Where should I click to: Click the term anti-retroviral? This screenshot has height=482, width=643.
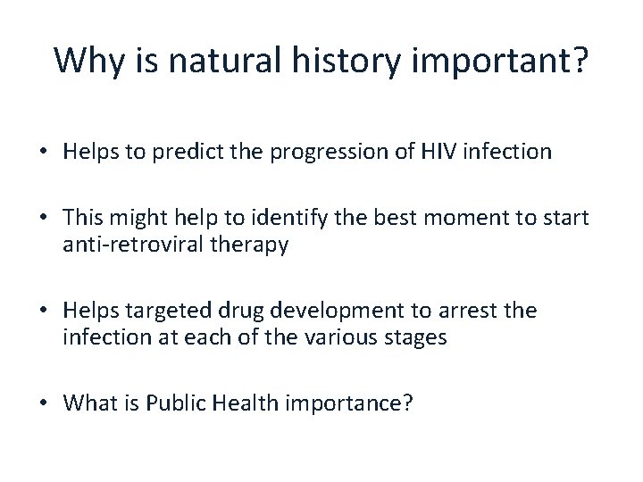point(125,245)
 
